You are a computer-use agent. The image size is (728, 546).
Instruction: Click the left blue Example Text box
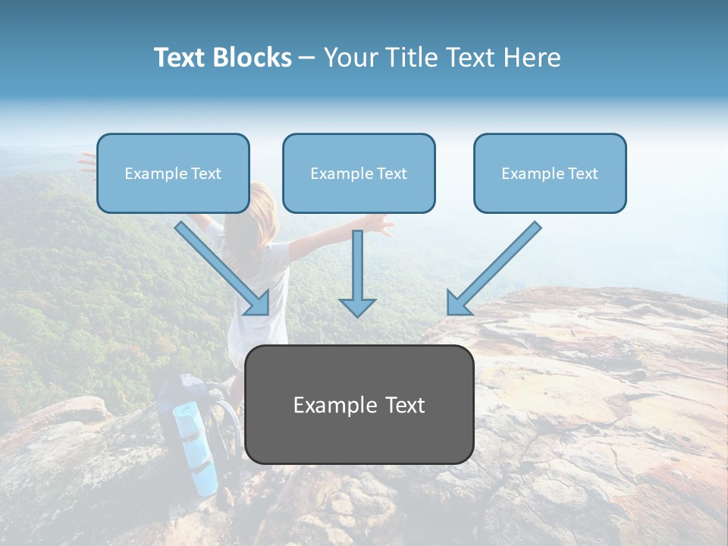click(173, 173)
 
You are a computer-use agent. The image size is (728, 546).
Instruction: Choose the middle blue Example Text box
click(359, 173)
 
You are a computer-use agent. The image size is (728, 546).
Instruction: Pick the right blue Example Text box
click(550, 173)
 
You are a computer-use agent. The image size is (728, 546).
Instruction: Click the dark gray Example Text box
click(359, 404)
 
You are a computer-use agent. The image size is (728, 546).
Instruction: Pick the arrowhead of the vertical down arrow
click(357, 306)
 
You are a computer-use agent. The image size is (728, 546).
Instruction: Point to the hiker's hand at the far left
click(88, 160)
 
